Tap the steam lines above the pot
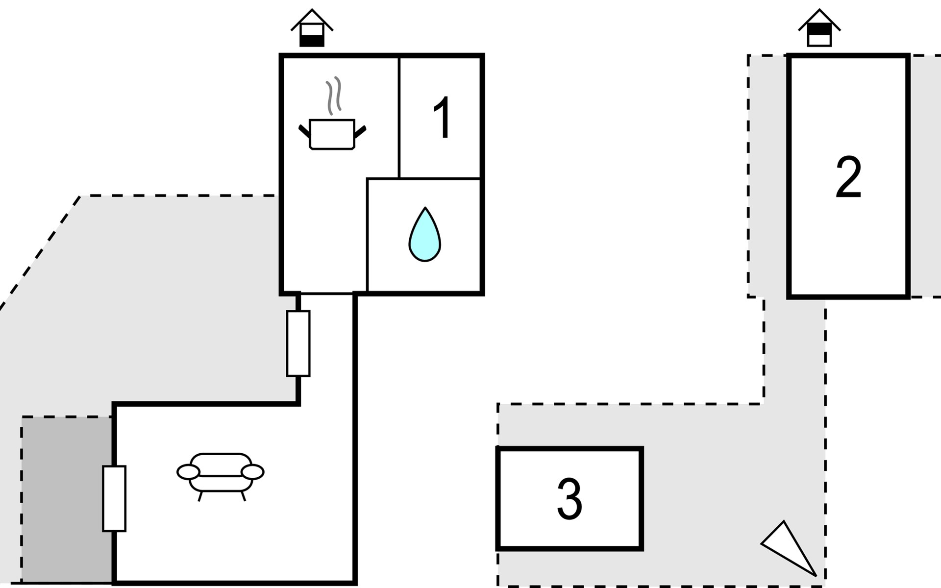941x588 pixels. (334, 96)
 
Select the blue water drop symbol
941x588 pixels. (425, 234)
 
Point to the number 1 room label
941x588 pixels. (443, 118)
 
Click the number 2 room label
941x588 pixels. (848, 177)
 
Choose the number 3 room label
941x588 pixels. (570, 498)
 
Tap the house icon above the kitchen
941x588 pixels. (312, 28)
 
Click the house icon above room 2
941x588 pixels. (819, 28)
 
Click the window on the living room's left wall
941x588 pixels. (114, 498)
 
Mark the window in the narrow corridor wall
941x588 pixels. (298, 343)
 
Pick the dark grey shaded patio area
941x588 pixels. (67, 499)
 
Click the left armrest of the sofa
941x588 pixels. (188, 472)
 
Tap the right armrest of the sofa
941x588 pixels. (253, 472)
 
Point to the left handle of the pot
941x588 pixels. (304, 130)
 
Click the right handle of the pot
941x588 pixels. (360, 131)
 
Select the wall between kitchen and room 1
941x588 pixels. (399, 118)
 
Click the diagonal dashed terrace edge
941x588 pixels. (40, 252)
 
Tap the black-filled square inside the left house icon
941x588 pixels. (312, 41)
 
